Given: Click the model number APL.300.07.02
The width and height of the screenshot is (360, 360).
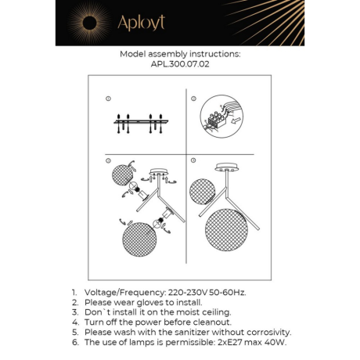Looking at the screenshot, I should coord(180,66).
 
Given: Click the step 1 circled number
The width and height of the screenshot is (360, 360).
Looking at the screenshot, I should coord(108,99).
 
